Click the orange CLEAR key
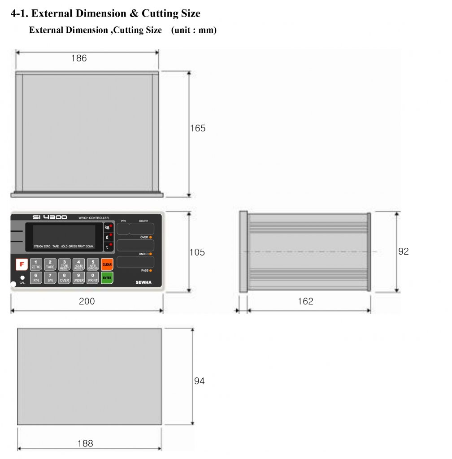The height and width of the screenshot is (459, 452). [107, 264]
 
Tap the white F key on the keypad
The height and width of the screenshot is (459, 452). [22, 264]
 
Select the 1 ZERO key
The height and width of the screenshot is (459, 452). [36, 264]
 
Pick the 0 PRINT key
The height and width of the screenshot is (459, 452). [93, 278]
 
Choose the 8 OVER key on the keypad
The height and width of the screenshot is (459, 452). [65, 278]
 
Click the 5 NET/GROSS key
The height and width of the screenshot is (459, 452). [93, 264]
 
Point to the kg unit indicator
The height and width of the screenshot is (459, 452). [108, 227]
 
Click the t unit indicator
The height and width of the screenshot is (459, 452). [108, 247]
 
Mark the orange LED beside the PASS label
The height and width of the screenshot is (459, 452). [151, 271]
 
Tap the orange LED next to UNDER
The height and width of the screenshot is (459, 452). [151, 254]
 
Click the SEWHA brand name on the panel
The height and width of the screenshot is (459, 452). [145, 282]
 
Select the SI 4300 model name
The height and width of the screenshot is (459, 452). [50, 217]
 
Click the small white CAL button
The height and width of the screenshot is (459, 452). [22, 278]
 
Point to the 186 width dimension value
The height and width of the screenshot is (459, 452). [79, 58]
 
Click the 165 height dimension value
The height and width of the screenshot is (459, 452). [198, 128]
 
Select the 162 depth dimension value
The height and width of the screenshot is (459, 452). [305, 301]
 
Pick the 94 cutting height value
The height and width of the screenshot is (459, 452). [199, 381]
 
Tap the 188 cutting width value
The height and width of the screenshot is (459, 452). [85, 443]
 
